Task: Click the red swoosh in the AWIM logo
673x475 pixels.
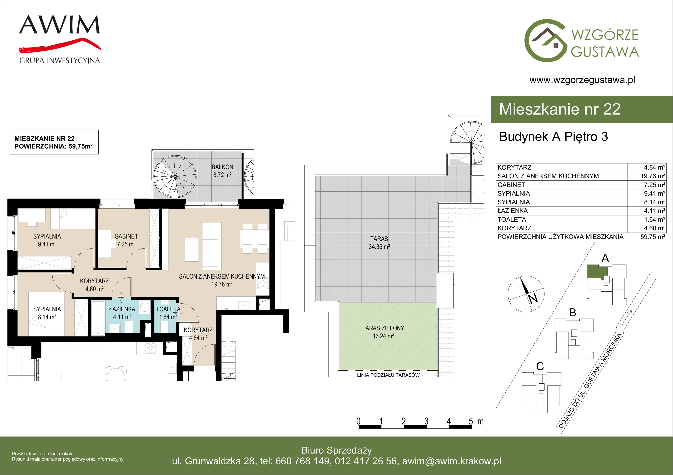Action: click(60, 46)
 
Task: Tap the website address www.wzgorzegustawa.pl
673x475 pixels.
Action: click(582, 80)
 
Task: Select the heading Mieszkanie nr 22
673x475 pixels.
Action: click(560, 109)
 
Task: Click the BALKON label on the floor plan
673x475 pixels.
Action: click(223, 167)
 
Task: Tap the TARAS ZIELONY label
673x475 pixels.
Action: click(383, 328)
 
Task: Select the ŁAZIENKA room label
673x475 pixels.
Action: click(122, 309)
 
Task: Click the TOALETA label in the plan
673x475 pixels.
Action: click(168, 309)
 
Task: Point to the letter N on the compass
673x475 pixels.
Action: click(533, 298)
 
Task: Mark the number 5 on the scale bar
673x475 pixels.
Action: click(471, 421)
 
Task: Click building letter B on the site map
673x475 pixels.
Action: click(573, 312)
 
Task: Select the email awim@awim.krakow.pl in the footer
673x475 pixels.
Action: click(452, 461)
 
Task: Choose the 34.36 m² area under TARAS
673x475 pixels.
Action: click(379, 247)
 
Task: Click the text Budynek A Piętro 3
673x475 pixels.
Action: click(553, 137)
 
